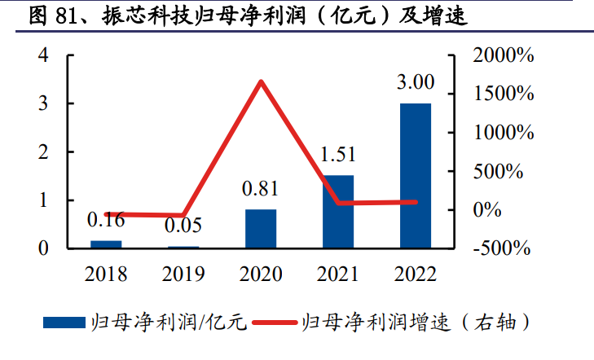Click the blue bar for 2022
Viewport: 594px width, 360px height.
tap(416, 175)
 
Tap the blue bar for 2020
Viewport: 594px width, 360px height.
tap(261, 228)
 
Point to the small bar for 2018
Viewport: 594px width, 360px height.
tap(106, 244)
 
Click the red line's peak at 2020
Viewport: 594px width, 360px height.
tap(261, 81)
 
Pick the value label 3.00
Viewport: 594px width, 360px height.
tap(416, 84)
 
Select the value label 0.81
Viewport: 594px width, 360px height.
tap(261, 190)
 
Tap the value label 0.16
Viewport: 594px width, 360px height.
tap(106, 220)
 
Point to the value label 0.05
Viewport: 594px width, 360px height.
tap(183, 226)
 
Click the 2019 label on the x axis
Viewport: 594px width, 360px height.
tap(183, 274)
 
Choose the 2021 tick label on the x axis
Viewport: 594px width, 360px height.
tap(338, 274)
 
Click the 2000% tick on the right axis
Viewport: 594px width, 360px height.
tap(503, 56)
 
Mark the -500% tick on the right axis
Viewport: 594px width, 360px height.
tap(503, 248)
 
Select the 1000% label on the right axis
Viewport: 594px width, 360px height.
tap(503, 133)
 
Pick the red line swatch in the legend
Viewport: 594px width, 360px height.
tap(275, 323)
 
